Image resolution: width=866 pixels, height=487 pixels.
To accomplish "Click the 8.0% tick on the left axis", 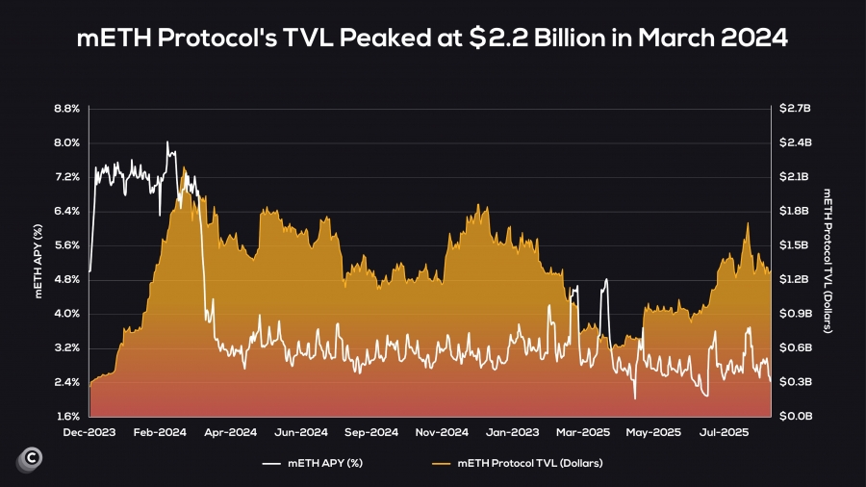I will tap(66, 142).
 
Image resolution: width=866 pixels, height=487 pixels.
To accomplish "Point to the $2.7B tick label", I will tap(798, 109).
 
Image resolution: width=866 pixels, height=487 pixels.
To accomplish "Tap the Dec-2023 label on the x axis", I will tap(89, 432).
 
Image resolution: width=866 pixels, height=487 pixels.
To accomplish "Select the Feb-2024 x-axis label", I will tap(161, 432).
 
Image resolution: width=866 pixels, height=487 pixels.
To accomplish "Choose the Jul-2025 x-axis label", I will tap(724, 432).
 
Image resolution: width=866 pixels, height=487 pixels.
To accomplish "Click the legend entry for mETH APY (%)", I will tap(326, 464).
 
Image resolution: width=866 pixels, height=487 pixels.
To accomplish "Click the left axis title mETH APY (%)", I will tap(39, 263).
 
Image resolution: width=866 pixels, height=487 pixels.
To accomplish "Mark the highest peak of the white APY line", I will tap(167, 142).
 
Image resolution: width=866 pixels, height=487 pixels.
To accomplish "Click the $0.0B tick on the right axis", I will tap(798, 417).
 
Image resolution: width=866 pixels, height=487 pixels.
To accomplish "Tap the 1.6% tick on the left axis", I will tap(66, 417).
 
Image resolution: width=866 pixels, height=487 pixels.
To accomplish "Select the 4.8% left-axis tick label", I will tap(66, 280).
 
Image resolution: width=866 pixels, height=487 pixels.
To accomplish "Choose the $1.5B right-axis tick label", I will tap(798, 245).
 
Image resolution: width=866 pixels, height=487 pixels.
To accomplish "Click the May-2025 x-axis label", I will tap(654, 432).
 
